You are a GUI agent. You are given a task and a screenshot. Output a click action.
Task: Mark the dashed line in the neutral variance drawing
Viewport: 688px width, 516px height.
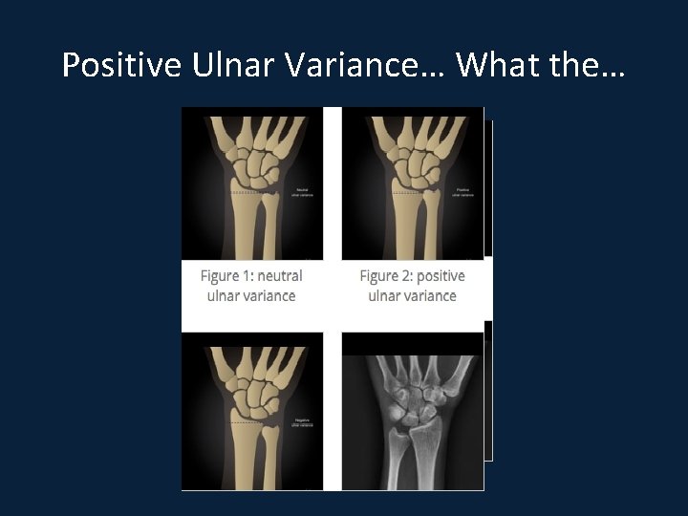coord(247,193)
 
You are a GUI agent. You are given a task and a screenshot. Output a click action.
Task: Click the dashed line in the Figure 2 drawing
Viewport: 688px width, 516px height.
coord(406,193)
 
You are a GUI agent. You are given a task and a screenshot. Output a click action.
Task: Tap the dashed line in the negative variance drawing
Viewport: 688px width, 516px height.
coord(247,422)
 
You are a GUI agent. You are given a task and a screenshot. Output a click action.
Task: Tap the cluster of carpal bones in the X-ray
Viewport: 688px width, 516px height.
coord(418,406)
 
